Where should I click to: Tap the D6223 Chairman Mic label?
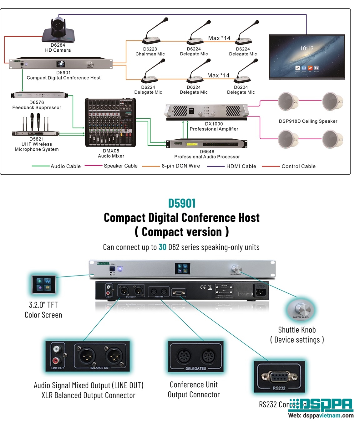[150, 51]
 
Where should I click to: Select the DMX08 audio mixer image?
[110, 122]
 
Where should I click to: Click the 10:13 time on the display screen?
[307, 49]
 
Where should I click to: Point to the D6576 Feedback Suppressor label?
[37, 105]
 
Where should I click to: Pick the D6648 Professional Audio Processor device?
[206, 144]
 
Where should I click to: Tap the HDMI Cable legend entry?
[241, 166]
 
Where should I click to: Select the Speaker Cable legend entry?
[120, 166]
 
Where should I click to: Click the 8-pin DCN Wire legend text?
[181, 166]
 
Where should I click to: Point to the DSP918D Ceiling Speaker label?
[308, 121]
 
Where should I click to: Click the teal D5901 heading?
[182, 204]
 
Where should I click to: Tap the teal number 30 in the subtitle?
[162, 247]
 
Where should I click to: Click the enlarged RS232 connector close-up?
[279, 377]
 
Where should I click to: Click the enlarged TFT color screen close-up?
[43, 285]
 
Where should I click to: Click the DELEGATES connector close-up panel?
[196, 356]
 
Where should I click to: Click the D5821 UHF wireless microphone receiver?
[35, 133]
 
